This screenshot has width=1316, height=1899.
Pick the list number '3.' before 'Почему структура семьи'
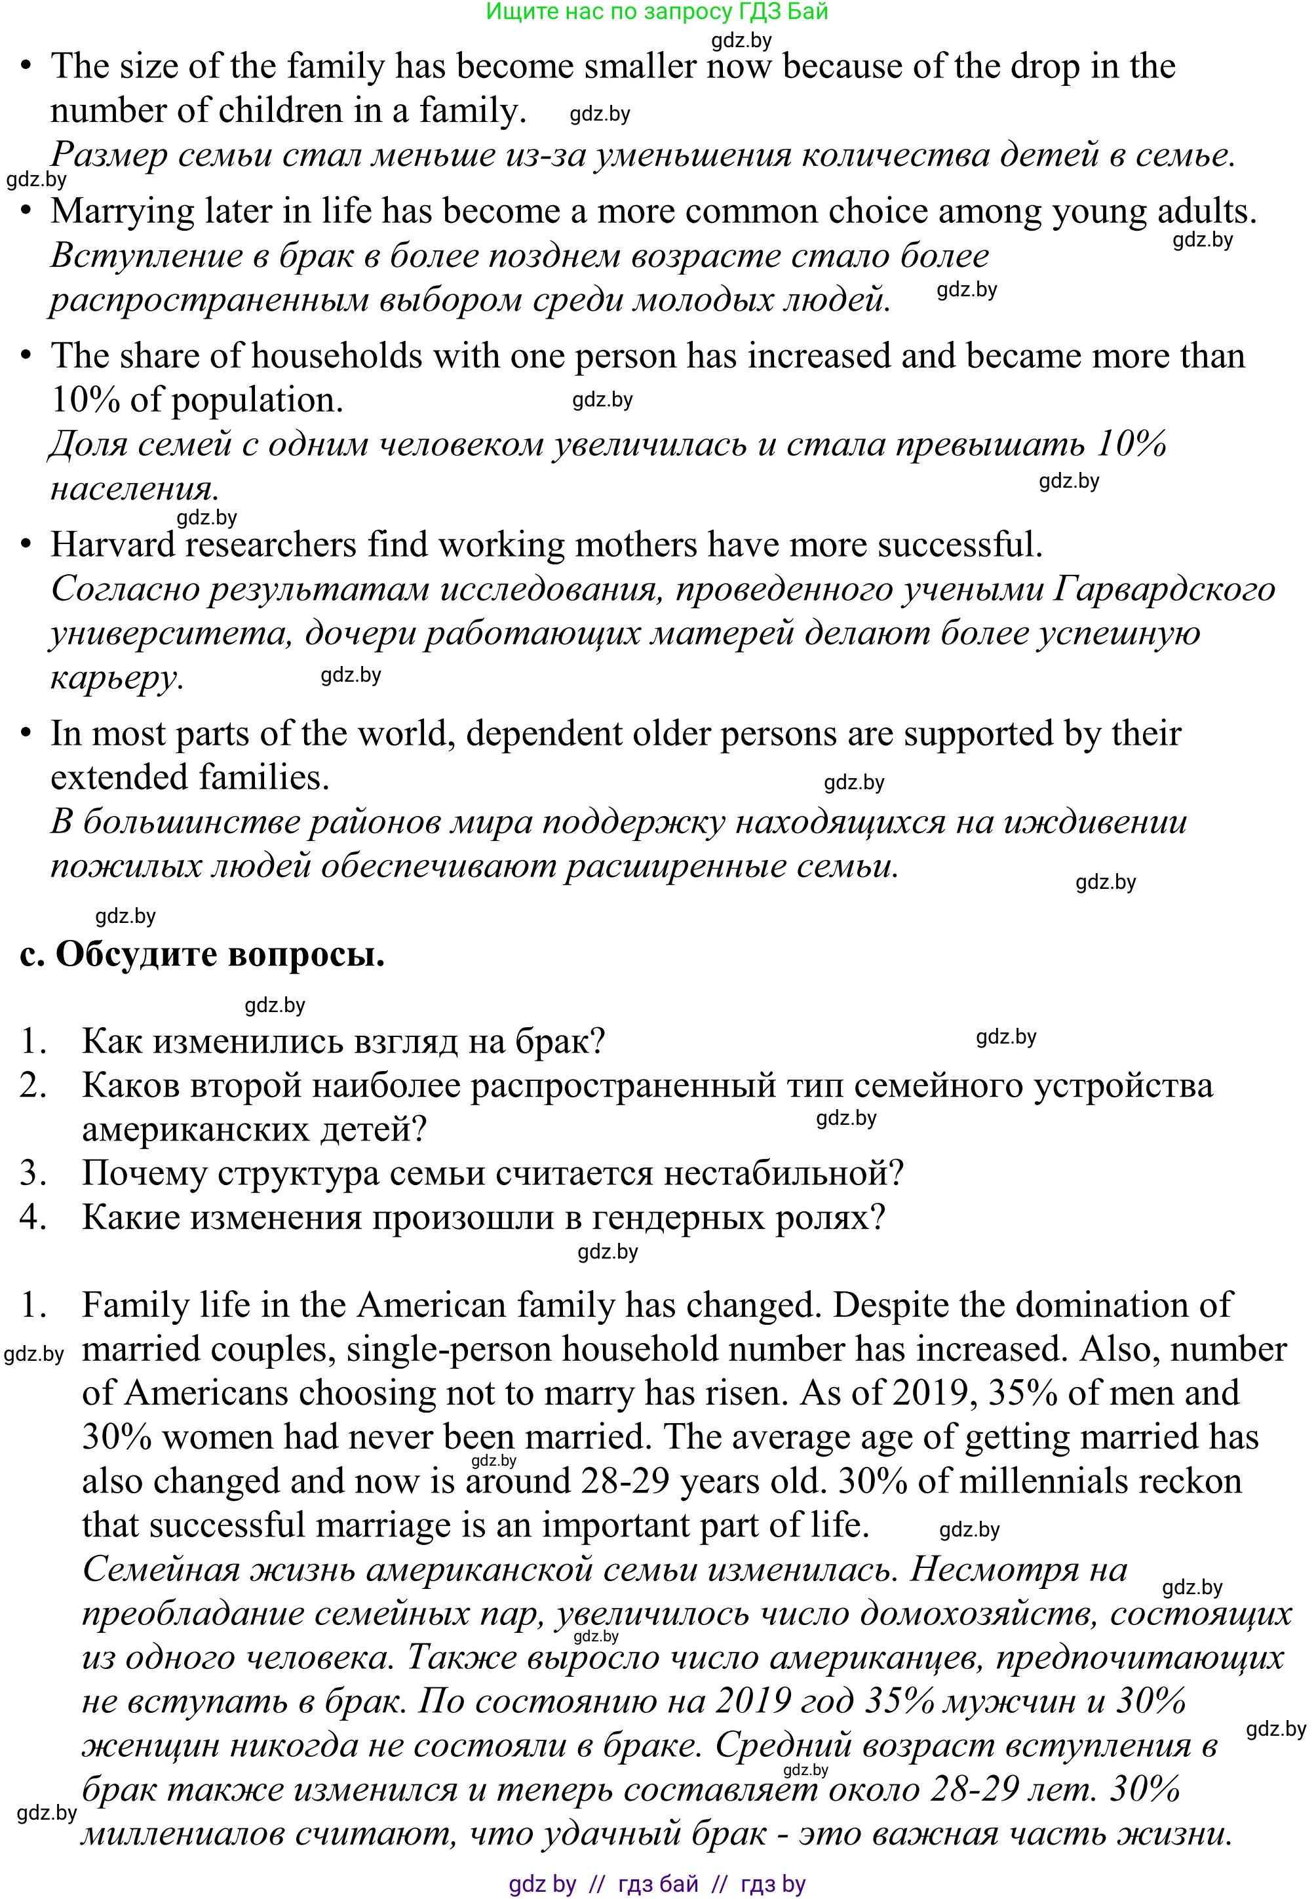pyautogui.click(x=33, y=1173)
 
